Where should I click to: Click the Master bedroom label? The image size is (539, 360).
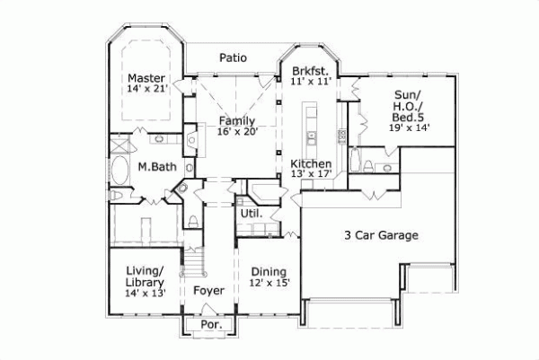pyautogui.click(x=146, y=77)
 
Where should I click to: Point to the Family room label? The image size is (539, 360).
pyautogui.click(x=236, y=120)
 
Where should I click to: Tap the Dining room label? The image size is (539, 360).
pyautogui.click(x=268, y=272)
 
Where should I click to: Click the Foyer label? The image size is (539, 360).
pyautogui.click(x=209, y=290)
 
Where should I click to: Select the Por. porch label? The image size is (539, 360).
pyautogui.click(x=209, y=324)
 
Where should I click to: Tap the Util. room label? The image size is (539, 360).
pyautogui.click(x=251, y=214)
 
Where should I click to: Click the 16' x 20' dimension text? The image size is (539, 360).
pyautogui.click(x=236, y=131)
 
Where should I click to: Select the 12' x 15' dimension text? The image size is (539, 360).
pyautogui.click(x=268, y=284)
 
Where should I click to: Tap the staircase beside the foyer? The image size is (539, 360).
pyautogui.click(x=191, y=261)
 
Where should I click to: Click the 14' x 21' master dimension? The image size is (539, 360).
pyautogui.click(x=146, y=88)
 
